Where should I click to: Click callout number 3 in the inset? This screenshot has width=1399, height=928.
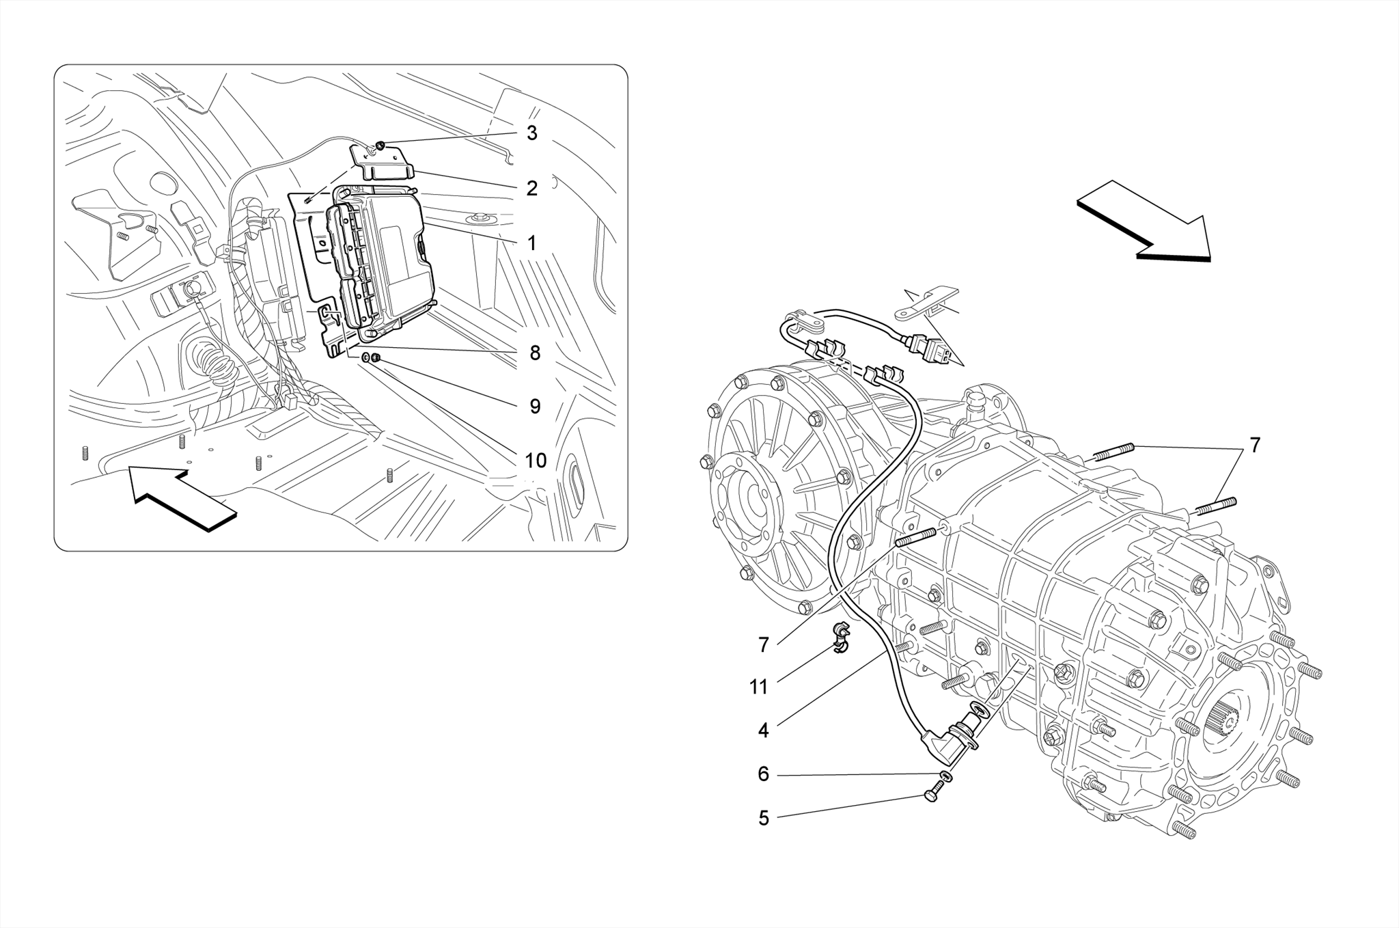tap(531, 133)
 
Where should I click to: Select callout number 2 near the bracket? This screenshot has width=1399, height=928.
tap(531, 188)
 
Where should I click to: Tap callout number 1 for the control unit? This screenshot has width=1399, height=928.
tap(531, 243)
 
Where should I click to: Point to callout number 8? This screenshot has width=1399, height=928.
tap(534, 353)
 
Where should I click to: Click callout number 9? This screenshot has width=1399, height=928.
tap(535, 407)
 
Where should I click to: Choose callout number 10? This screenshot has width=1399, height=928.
tap(536, 461)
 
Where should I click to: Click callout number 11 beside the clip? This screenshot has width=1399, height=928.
tap(759, 687)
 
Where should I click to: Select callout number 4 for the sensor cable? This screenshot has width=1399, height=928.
tap(763, 731)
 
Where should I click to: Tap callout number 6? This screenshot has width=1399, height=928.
tap(763, 774)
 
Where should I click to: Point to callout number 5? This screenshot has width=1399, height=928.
tap(763, 818)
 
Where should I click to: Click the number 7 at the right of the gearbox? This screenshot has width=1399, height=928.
tap(1255, 445)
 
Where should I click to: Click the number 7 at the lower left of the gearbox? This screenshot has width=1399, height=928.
tap(764, 644)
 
